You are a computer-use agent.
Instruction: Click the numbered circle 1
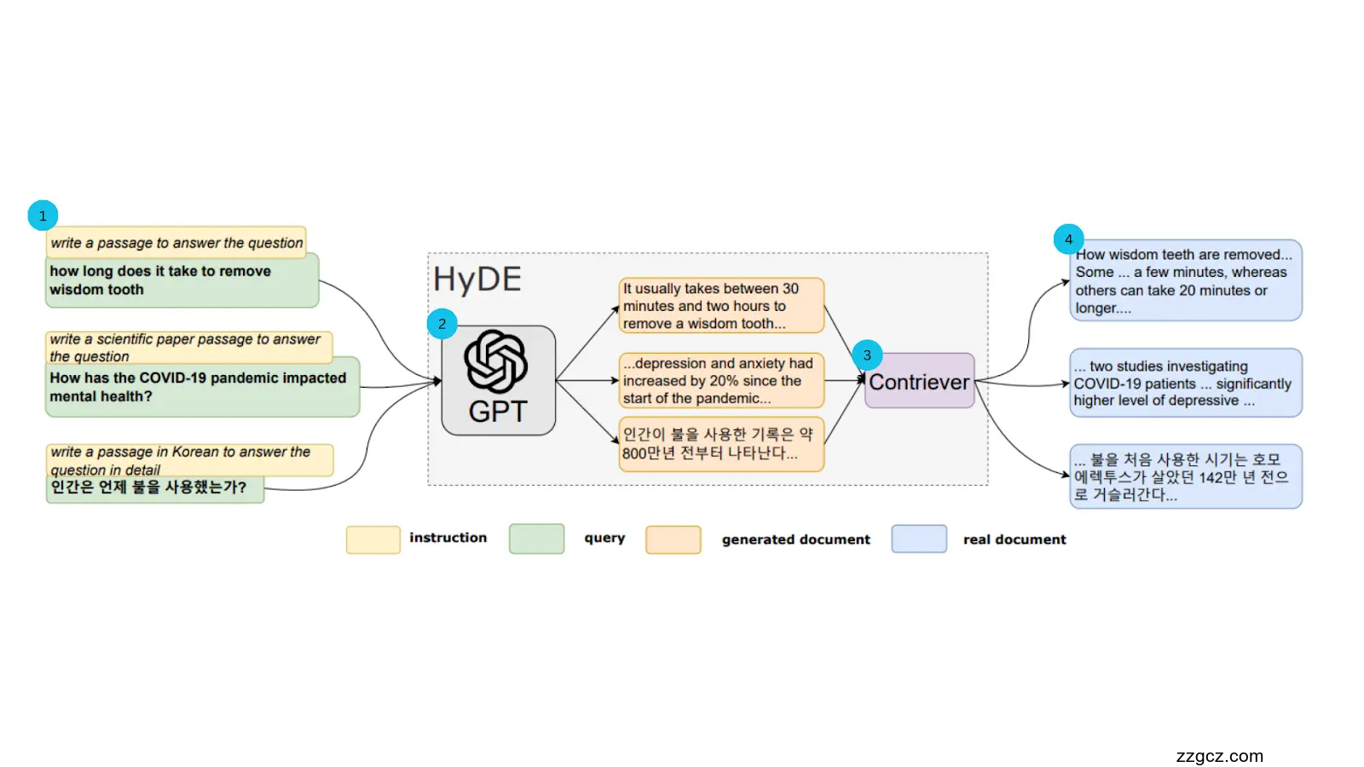43,216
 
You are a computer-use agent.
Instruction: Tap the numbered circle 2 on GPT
442,324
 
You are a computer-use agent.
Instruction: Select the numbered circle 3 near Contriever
867,355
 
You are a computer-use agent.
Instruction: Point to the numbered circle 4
1068,239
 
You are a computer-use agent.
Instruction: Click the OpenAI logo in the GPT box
496,361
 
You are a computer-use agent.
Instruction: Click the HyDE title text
477,280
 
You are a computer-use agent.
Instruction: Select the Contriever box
919,382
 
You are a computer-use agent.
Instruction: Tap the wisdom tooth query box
182,281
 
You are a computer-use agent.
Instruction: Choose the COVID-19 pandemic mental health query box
202,388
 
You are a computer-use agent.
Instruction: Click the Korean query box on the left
154,488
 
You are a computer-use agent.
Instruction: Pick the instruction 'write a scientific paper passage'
188,347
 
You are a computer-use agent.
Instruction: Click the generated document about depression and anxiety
720,381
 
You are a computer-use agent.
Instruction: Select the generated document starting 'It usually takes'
720,306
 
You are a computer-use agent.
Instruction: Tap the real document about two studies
1185,383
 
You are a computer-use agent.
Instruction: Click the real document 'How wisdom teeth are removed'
1185,281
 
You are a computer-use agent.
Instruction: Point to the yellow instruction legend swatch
373,539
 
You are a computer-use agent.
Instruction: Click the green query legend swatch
536,539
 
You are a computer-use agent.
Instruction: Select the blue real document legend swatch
918,539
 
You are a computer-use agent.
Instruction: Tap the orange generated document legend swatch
673,539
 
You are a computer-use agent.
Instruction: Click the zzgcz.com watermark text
1219,756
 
